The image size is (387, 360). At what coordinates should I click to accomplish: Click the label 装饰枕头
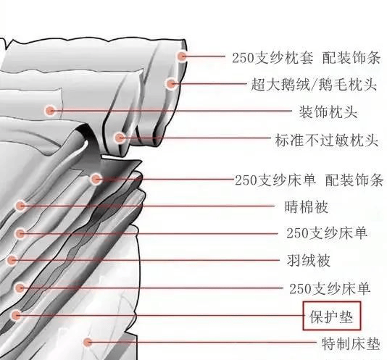328,112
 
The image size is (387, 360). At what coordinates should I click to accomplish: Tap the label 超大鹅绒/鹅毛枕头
314,85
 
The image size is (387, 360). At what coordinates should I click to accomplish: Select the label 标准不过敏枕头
327,140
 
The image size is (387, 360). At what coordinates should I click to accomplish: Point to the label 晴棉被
307,206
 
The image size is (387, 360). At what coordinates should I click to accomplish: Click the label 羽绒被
309,261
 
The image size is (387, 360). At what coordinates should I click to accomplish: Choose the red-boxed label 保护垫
331,317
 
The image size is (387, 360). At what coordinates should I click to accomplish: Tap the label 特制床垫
351,343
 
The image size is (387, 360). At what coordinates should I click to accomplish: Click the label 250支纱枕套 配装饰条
307,58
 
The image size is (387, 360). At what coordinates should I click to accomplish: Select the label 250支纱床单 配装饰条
309,180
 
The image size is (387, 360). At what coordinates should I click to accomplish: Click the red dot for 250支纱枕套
182,56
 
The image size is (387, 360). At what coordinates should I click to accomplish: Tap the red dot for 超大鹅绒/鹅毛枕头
170,84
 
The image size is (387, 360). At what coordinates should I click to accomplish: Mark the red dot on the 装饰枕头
50,111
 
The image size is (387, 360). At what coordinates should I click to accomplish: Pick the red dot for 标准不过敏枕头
120,138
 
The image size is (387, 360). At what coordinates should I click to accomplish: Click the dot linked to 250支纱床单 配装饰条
96,179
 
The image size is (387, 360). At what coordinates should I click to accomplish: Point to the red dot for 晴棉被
20,206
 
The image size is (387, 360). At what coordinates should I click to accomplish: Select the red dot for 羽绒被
12,260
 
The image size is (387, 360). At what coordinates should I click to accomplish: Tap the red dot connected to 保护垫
16,315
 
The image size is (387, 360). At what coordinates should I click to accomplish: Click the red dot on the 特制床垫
87,342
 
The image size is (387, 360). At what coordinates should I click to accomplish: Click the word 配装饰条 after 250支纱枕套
351,58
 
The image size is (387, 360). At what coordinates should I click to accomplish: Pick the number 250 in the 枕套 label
243,58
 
